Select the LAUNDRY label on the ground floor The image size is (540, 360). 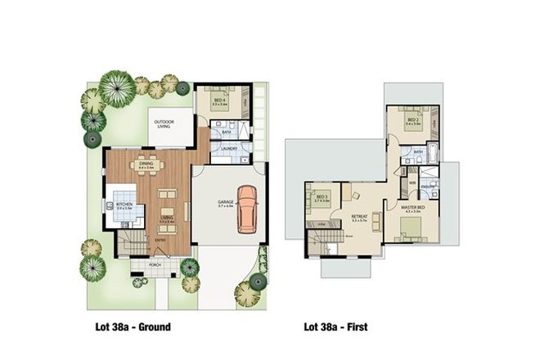(x=229, y=148)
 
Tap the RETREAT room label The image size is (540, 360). (x=358, y=216)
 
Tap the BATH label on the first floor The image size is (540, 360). (x=418, y=151)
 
